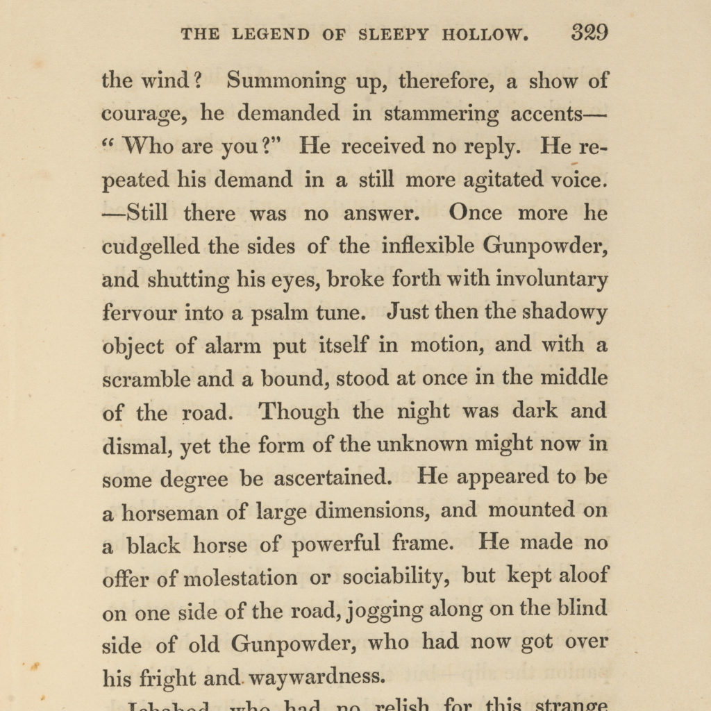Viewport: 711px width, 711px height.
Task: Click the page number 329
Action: [589, 33]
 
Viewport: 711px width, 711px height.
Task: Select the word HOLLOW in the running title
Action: [485, 34]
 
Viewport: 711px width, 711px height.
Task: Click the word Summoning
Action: [287, 81]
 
